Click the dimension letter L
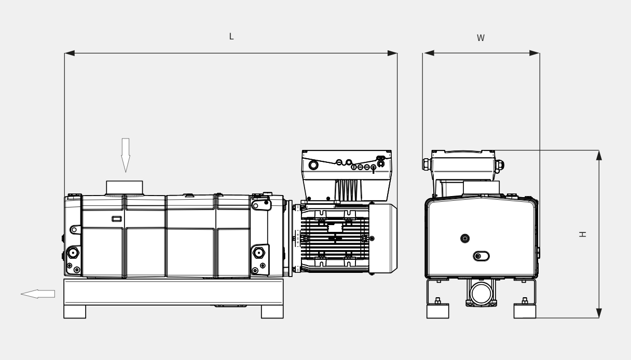pyautogui.click(x=231, y=36)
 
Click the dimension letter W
pyautogui.click(x=481, y=38)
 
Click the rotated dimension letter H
pyautogui.click(x=583, y=234)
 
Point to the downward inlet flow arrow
pyautogui.click(x=126, y=155)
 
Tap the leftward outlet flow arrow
pyautogui.click(x=38, y=294)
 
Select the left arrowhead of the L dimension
pyautogui.click(x=70, y=53)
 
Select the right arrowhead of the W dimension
pyautogui.click(x=534, y=53)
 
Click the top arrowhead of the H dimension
pyautogui.click(x=599, y=155)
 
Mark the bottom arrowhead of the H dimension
pyautogui.click(x=599, y=313)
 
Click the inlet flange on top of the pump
pyautogui.click(x=125, y=188)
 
